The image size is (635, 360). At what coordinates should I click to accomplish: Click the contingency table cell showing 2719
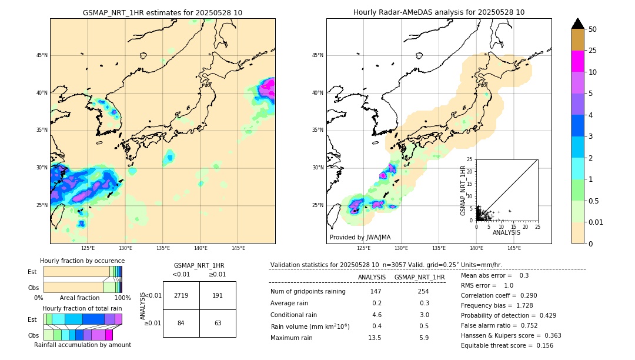181,295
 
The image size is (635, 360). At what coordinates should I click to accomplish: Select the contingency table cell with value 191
218,295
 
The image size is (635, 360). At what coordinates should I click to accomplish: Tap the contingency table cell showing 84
181,323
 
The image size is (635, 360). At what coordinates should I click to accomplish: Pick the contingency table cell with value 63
218,323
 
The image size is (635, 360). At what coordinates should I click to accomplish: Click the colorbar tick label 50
593,29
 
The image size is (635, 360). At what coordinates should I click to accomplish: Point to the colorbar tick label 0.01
596,222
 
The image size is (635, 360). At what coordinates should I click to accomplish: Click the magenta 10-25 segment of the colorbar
577,61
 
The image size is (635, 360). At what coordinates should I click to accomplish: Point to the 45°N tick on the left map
42,55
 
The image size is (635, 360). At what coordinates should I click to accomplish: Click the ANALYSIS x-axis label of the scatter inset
506,232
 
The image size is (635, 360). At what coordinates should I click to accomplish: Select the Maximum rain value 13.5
375,338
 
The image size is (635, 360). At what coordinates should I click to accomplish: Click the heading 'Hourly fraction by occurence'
82,261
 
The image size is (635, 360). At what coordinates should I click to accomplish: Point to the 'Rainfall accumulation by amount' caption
82,345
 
